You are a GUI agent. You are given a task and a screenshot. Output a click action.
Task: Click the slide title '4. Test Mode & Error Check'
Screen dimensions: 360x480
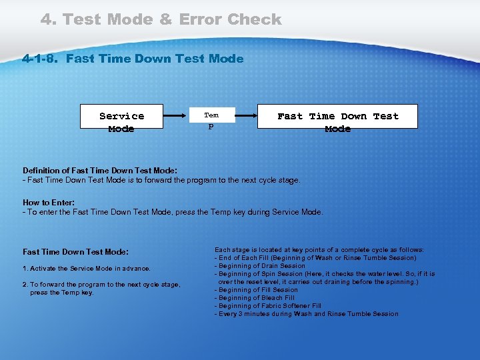(x=161, y=19)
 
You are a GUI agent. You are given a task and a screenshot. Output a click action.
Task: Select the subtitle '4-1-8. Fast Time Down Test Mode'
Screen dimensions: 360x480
(x=133, y=59)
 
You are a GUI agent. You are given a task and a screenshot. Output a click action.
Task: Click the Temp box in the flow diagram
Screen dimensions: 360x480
(x=211, y=120)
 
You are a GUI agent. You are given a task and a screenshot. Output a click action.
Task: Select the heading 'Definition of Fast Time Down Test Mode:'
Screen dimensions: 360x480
(x=100, y=171)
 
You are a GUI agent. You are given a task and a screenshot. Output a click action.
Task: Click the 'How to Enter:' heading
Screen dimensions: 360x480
(x=49, y=203)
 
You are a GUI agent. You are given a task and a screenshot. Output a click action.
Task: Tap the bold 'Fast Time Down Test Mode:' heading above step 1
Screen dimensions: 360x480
(x=75, y=252)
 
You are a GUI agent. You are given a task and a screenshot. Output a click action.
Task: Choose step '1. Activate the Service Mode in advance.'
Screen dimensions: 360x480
(x=87, y=269)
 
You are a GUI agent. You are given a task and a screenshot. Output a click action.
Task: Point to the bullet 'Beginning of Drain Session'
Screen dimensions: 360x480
(x=260, y=266)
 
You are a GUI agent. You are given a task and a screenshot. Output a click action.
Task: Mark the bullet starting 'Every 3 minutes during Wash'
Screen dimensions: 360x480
(x=306, y=314)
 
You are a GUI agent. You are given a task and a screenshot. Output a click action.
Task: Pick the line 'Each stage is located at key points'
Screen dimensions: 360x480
(x=319, y=250)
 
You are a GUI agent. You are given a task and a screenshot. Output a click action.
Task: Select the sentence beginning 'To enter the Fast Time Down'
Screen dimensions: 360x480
(x=173, y=212)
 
